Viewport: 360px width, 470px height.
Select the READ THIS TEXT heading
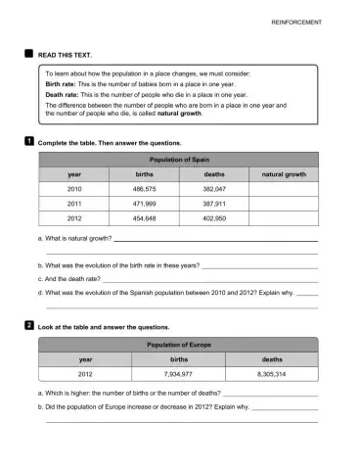(x=65, y=56)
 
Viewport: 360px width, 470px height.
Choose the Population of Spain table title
(x=179, y=158)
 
